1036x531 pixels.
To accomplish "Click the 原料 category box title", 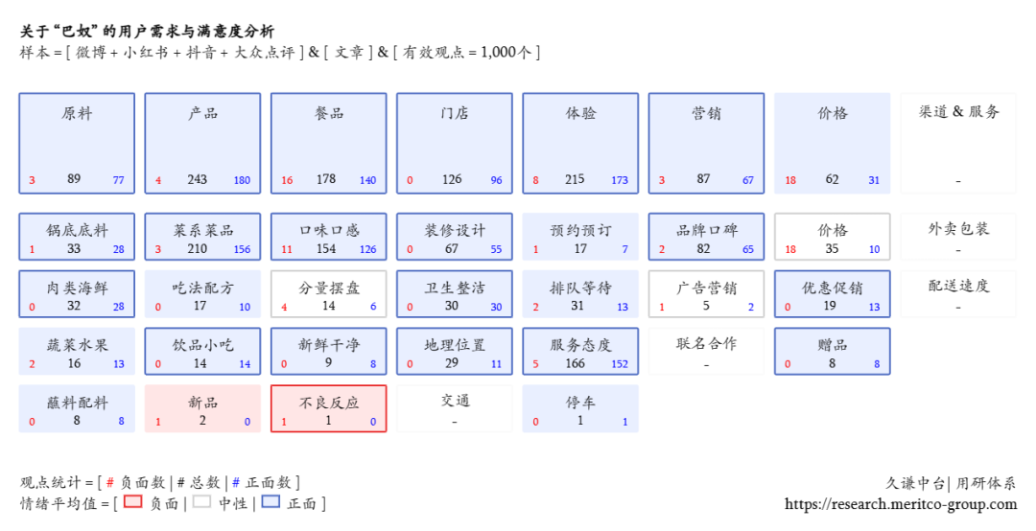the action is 77,114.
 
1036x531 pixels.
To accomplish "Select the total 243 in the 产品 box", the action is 197,179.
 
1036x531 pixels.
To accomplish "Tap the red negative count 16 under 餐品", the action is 287,180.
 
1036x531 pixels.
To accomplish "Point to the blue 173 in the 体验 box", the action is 619,180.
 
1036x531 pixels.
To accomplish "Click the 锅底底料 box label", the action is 77,230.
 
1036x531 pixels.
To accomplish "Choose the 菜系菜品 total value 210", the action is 197,249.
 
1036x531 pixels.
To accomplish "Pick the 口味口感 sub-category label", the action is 329,230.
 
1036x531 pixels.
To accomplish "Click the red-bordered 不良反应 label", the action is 329,403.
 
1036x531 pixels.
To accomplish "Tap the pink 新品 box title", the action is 202,403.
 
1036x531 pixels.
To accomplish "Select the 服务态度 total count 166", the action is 575,364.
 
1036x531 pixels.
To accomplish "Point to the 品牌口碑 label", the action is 706,230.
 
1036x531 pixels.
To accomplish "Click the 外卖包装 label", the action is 958,229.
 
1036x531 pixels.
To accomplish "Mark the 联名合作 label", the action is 706,344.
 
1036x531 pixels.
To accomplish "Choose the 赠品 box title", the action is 833,345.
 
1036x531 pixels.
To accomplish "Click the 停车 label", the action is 580,403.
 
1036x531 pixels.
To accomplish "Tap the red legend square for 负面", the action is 132,501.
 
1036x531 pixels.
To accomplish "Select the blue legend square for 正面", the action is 271,501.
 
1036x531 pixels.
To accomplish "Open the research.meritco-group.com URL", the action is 901,504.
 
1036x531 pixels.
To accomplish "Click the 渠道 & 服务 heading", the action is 958,112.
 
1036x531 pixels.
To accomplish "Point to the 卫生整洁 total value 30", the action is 451,306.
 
